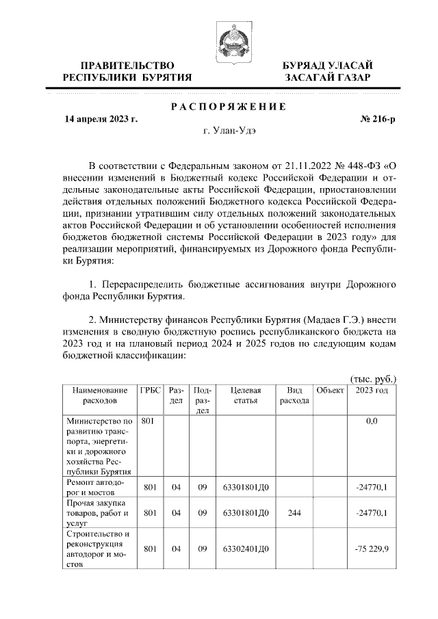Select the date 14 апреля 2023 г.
(x=101, y=118)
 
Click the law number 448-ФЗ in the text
(x=362, y=166)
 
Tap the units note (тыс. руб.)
(x=373, y=378)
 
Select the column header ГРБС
(x=150, y=390)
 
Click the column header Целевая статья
(x=246, y=395)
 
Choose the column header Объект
(x=329, y=390)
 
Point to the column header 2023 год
(x=372, y=390)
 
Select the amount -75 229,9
(x=372, y=549)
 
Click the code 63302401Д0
(x=246, y=549)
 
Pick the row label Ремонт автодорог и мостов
(x=96, y=488)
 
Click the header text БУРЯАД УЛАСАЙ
(x=328, y=65)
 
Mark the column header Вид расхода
(x=294, y=395)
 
